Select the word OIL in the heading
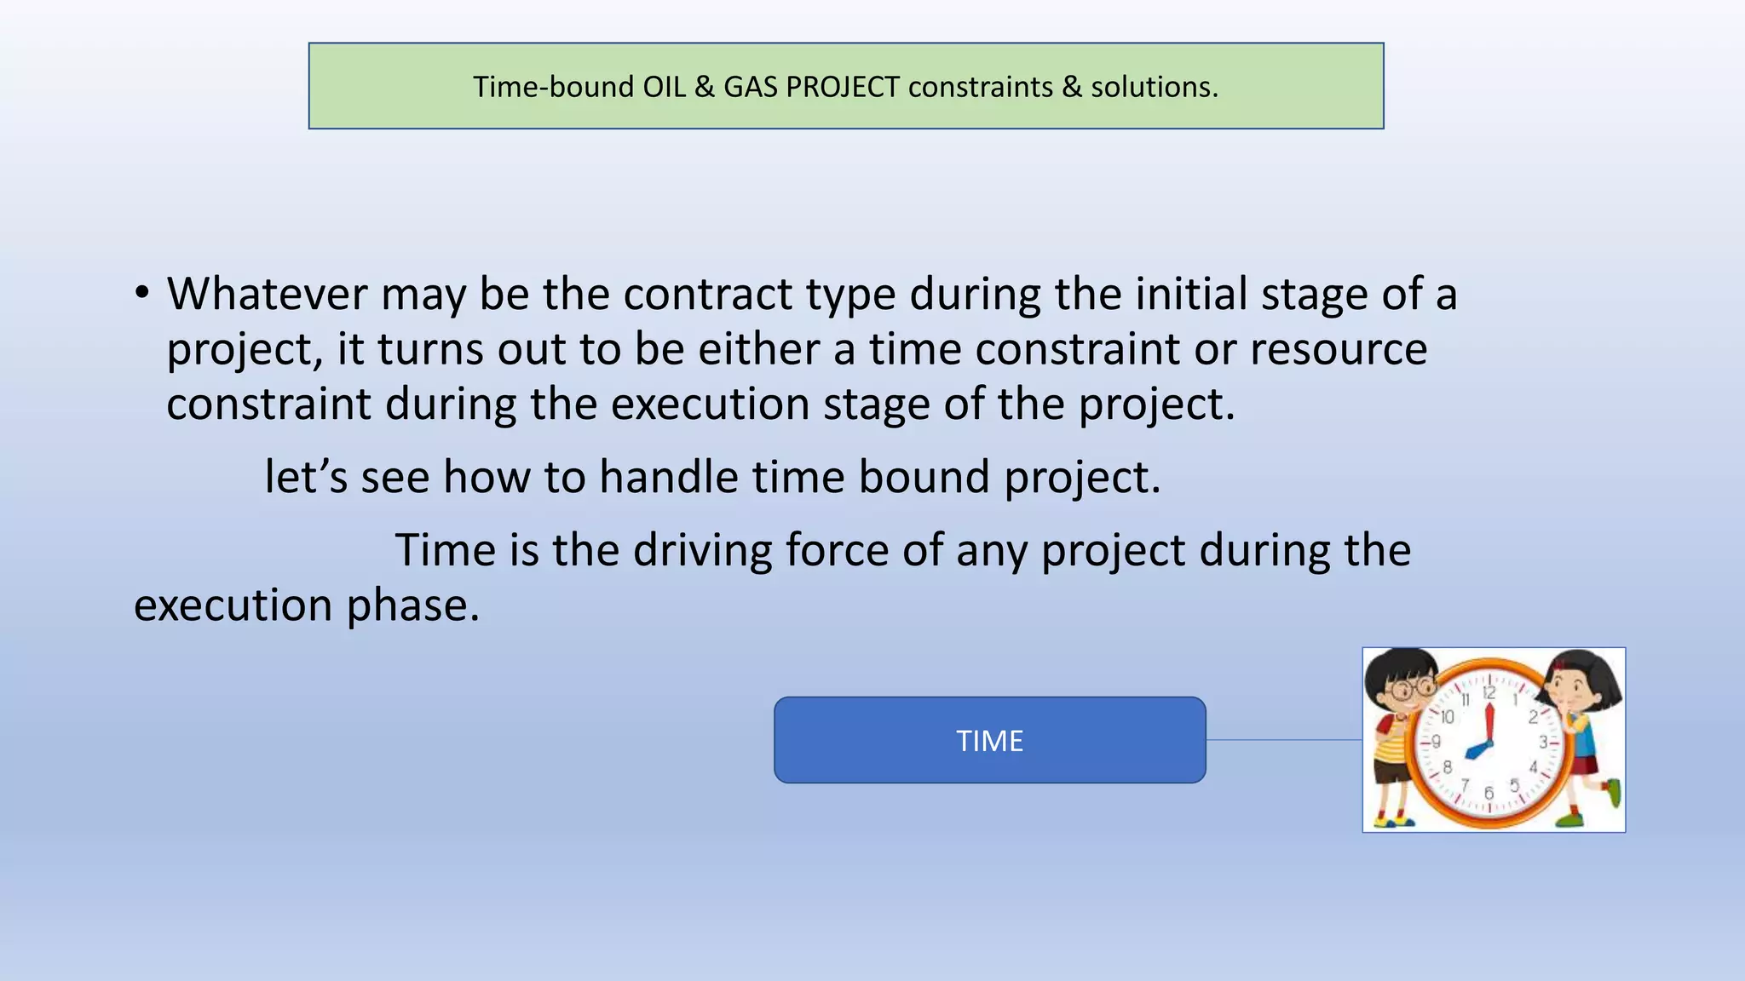click(x=664, y=87)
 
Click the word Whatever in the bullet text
click(x=267, y=294)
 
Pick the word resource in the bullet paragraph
click(x=1338, y=349)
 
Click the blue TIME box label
click(x=989, y=740)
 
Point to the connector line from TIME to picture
click(x=1284, y=740)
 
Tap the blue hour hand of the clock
click(x=1477, y=750)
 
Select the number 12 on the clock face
click(x=1489, y=693)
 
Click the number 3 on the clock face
click(x=1543, y=743)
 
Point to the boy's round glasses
click(x=1414, y=686)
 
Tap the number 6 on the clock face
click(x=1489, y=793)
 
